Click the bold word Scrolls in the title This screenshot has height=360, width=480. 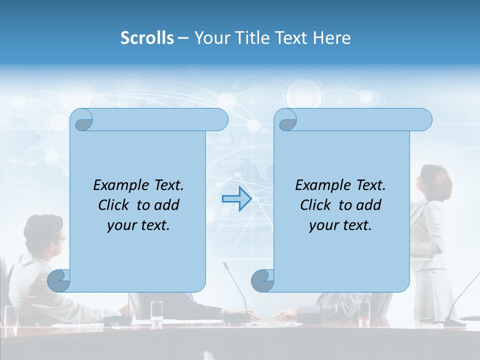(147, 38)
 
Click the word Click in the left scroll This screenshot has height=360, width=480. (115, 205)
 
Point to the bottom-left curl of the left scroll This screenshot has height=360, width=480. (59, 280)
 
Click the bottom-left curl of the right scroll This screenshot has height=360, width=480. (263, 280)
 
